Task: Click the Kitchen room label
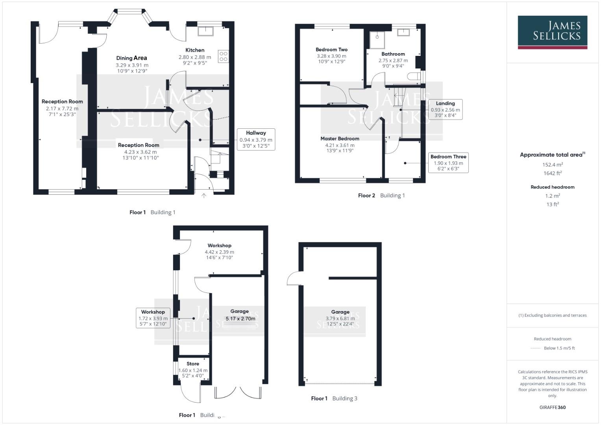195,50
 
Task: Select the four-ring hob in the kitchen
223,56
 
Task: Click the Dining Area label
131,58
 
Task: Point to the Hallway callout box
256,139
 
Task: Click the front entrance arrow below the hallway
204,196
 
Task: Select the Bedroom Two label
331,50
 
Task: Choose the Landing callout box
445,109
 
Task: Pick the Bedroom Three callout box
448,163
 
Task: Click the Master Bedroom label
340,139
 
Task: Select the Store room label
193,364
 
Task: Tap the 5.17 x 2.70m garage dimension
240,319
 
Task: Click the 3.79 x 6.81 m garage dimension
340,318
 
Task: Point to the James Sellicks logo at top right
552,32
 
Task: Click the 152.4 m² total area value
553,164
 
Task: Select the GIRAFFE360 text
553,407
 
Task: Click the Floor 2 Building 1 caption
381,196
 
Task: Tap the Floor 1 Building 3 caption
334,398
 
